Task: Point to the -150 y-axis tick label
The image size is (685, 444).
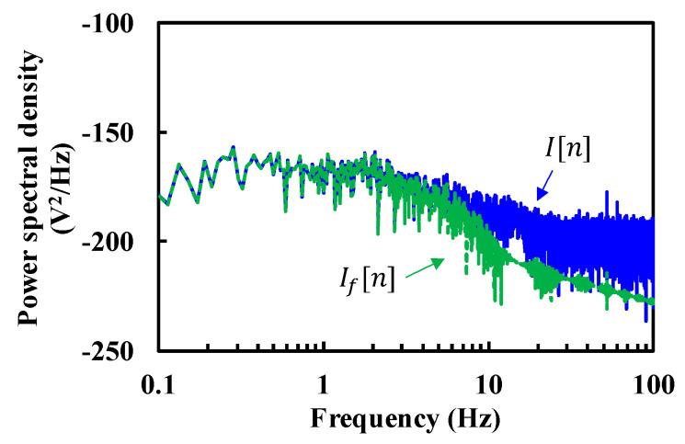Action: (111, 132)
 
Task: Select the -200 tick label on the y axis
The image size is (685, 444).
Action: (111, 242)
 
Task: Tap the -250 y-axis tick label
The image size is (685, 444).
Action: (111, 351)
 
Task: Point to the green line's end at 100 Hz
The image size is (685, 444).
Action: (653, 301)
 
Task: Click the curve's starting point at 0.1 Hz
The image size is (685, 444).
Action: (158, 195)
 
